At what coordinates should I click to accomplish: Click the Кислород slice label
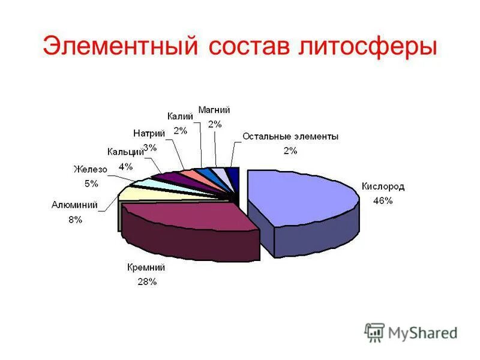[x=383, y=187]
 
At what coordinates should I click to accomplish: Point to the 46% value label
[x=383, y=201]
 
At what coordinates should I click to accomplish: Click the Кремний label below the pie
[x=146, y=268]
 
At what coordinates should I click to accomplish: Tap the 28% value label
[x=146, y=281]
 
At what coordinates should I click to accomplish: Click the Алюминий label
[x=74, y=205]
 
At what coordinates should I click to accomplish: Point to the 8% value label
[x=75, y=220]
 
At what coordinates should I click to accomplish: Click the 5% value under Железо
[x=91, y=184]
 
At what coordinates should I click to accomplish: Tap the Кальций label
[x=125, y=152]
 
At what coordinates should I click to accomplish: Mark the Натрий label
[x=149, y=133]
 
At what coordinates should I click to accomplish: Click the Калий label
[x=180, y=116]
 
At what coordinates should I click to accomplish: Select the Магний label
[x=214, y=110]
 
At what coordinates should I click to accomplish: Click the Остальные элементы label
[x=290, y=137]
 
